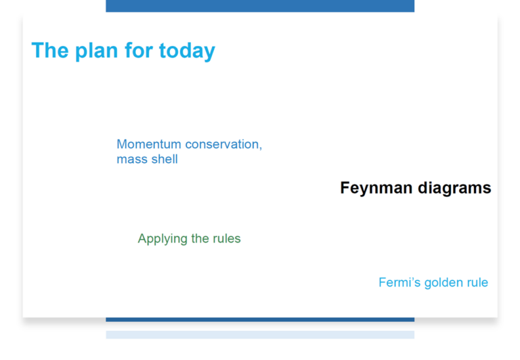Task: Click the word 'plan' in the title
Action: coord(97,51)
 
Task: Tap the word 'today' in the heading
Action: coord(187,51)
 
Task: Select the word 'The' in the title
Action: coord(50,50)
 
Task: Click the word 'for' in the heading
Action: coord(138,50)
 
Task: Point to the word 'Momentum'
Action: coord(149,144)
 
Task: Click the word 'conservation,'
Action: coord(223,144)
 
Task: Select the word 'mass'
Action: coord(131,160)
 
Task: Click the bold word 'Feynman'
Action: coord(376,188)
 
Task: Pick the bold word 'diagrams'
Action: coord(454,188)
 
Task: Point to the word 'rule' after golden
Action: coord(477,282)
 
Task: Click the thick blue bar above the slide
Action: coord(260,6)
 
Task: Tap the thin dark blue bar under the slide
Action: coord(260,319)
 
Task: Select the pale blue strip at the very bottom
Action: coord(260,335)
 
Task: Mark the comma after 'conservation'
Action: coord(261,148)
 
